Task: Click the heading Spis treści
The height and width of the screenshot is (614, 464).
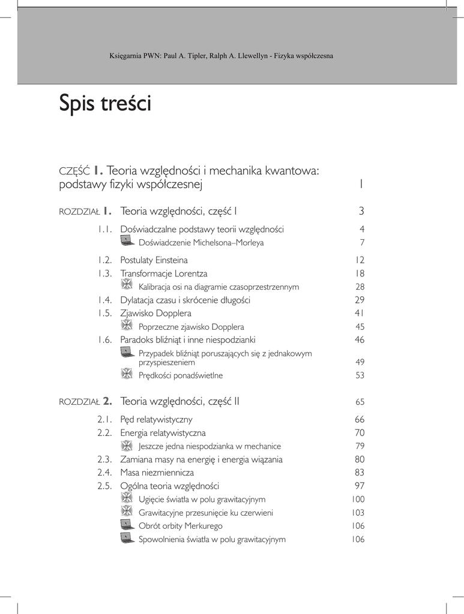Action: [x=105, y=104]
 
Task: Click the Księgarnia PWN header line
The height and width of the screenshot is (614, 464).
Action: [x=221, y=56]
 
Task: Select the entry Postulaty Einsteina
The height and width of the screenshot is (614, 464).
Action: [x=154, y=260]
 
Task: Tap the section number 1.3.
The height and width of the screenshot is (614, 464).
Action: [x=105, y=273]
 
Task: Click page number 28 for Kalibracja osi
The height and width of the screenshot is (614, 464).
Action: [x=360, y=287]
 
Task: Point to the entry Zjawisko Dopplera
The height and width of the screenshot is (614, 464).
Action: [x=155, y=313]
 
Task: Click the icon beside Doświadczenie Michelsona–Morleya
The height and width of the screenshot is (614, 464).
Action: [x=127, y=241]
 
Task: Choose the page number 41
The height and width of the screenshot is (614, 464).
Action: [x=360, y=313]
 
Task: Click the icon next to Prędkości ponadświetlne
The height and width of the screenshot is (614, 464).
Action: [x=127, y=374]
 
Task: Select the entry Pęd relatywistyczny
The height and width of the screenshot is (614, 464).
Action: [x=156, y=420]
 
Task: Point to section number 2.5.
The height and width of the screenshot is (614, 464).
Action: [x=105, y=486]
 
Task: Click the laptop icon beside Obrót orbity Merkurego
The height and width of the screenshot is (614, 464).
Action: [x=127, y=525]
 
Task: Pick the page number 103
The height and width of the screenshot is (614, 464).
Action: [x=358, y=513]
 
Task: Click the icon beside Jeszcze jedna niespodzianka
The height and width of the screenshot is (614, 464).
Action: [x=127, y=445]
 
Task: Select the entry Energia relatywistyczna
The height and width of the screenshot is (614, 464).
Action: [x=163, y=433]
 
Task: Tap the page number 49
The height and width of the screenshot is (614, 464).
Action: [x=360, y=362]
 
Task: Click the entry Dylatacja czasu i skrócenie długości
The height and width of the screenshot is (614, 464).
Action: [x=185, y=300]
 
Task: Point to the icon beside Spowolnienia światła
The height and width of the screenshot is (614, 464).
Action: [x=127, y=538]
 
